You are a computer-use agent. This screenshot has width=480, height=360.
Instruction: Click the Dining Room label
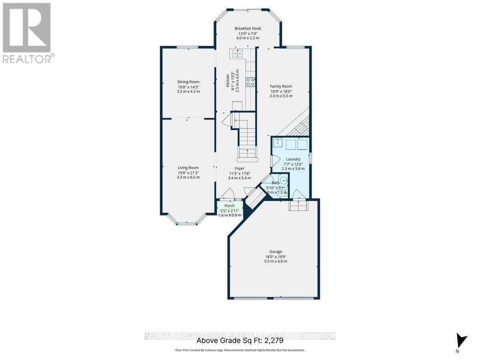[188, 82]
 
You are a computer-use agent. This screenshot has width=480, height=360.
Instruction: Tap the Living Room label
[188, 168]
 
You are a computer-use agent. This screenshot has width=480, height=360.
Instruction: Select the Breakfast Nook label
[248, 28]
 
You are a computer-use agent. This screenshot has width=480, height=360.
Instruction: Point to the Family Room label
[281, 86]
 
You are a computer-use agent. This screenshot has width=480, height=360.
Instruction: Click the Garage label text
[276, 252]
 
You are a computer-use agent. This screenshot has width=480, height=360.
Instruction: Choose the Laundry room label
[293, 159]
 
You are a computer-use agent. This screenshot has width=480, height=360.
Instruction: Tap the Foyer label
[239, 168]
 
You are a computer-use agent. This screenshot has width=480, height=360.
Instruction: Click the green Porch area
[230, 209]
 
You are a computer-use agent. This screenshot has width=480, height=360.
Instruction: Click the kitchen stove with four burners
[251, 82]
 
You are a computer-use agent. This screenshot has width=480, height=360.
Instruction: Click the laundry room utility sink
[278, 143]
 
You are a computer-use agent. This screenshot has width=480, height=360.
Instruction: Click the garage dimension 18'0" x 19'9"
[276, 257]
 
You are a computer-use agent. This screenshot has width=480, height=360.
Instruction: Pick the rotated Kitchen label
[228, 80]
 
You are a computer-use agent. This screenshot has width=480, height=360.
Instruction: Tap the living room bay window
[186, 221]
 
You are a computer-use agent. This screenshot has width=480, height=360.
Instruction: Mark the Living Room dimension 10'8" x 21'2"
[188, 172]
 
